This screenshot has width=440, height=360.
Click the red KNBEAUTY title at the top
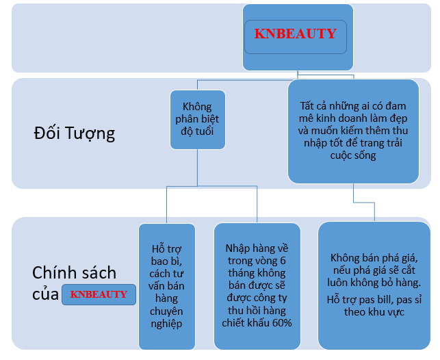pos(295,34)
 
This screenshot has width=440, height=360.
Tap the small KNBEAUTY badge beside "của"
pos(99,294)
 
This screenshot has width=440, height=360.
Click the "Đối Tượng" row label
pos(75,133)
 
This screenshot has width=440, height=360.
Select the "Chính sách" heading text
pos(75,272)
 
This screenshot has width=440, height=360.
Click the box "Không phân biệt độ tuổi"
pos(198,120)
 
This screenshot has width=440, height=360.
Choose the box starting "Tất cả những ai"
pos(353,131)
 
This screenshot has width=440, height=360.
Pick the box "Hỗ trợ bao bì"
pos(167,286)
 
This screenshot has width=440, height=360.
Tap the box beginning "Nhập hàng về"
pos(257,286)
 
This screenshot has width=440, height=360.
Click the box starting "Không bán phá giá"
pos(374,285)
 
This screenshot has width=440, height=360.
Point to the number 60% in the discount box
pos(282,323)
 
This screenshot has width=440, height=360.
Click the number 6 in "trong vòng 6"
pos(283,261)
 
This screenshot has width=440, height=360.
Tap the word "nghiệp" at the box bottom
pos(167,324)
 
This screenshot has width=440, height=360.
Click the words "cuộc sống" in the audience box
pos(353,156)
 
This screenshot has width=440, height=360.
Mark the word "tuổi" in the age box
pos(205,131)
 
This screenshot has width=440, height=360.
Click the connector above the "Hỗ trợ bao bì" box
pos(167,205)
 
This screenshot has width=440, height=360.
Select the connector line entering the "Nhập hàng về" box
pos(257,204)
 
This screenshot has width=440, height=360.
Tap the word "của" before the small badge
pos(45,294)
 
